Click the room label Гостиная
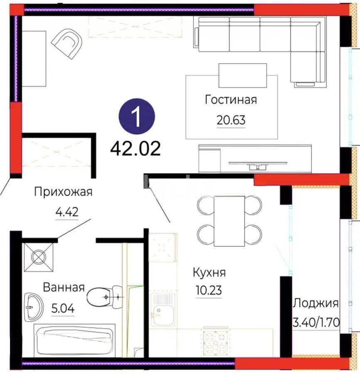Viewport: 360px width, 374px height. (231, 100)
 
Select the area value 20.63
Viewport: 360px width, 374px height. (231, 120)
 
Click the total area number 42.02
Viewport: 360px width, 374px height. (135, 148)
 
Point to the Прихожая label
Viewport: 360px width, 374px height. (63, 192)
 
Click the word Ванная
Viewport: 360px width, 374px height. (64, 287)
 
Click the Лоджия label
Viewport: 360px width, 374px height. (316, 303)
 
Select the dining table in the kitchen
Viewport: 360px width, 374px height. (229, 221)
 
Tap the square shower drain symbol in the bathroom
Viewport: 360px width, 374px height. (39, 257)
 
